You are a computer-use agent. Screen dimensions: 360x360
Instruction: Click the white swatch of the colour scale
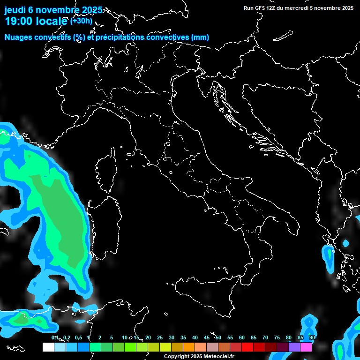click(48, 347)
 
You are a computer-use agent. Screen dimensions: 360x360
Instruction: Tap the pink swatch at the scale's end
click(306, 347)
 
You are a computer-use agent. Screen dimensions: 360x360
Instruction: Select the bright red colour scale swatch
click(247, 347)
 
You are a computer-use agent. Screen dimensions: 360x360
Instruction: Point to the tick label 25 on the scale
click(160, 338)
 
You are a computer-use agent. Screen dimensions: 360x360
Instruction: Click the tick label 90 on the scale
click(312, 338)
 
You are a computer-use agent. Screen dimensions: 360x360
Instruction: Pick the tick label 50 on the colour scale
click(218, 338)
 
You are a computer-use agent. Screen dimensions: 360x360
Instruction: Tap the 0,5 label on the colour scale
click(78, 338)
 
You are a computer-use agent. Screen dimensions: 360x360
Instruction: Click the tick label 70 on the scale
click(265, 338)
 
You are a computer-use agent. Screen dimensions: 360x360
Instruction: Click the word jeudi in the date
click(15, 10)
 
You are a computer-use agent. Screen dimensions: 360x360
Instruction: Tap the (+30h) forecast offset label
click(81, 21)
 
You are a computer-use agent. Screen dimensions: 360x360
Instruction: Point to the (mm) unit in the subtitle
click(200, 37)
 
